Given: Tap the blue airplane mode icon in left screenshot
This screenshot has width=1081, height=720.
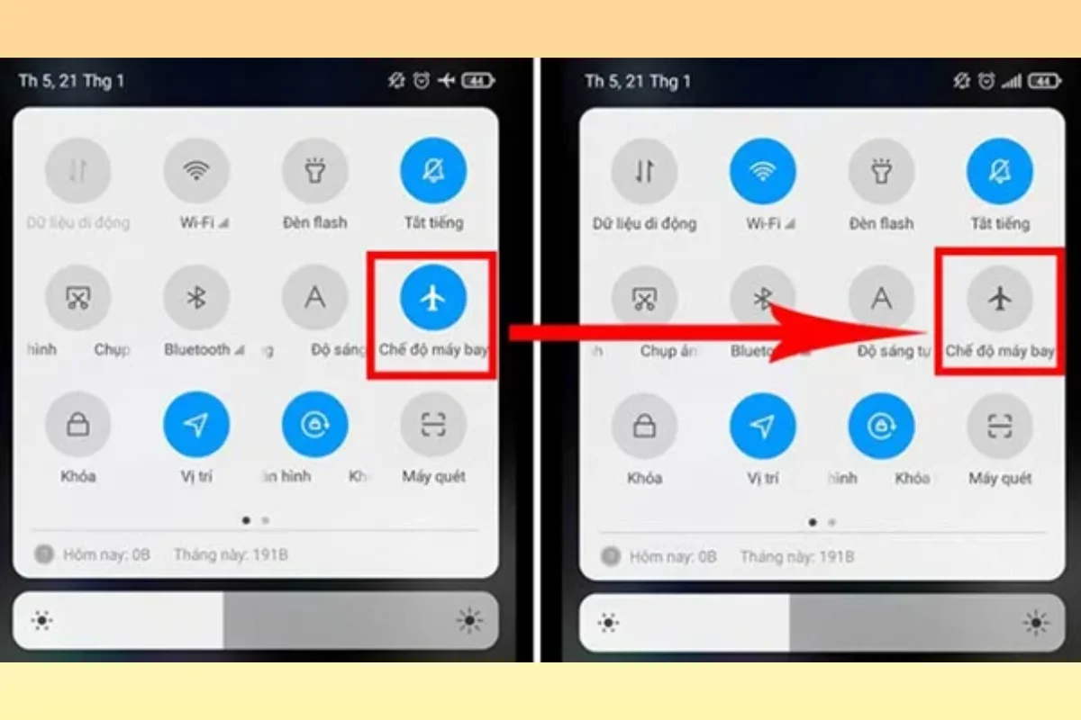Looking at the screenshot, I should click(433, 298).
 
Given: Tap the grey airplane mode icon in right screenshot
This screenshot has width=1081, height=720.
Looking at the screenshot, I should click(1000, 299).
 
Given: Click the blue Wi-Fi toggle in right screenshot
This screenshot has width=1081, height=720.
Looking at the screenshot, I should click(763, 171).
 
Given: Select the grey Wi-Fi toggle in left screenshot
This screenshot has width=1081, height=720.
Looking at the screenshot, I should click(196, 171).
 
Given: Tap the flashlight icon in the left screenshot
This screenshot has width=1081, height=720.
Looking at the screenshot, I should click(315, 171).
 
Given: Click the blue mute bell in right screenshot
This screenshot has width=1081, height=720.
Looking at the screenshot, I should click(1000, 171).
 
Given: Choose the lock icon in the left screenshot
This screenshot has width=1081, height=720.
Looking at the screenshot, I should click(78, 426).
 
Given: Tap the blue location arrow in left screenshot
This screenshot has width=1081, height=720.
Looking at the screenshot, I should click(196, 426).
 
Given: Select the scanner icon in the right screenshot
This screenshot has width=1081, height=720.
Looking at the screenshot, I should click(1000, 426).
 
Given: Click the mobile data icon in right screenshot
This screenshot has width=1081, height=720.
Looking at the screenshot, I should click(644, 171).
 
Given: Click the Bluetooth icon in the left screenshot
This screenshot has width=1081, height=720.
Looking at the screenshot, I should click(196, 298).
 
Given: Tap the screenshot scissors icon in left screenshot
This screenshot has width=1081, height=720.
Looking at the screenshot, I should click(78, 298).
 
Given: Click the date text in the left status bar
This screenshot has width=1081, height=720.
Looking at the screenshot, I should click(71, 81).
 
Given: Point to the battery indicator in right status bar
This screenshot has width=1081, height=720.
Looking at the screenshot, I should click(1044, 81).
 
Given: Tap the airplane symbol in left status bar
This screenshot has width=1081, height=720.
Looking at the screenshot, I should click(447, 81).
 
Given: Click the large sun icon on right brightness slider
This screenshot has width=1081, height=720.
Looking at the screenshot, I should click(1036, 622).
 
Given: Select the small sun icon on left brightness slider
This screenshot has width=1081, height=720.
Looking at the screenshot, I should click(41, 621).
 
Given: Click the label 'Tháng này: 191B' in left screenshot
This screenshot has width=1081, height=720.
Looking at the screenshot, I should click(231, 555).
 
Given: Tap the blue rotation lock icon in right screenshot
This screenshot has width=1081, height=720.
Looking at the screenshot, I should click(881, 426).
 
